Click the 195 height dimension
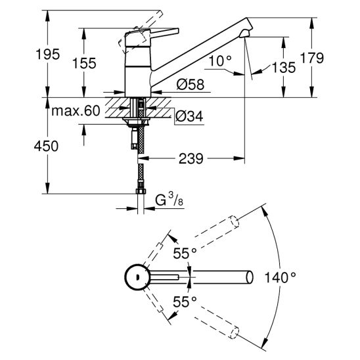(x=48, y=55)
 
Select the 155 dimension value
(x=84, y=63)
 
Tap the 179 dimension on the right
(x=312, y=58)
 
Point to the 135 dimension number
(x=284, y=68)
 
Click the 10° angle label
(x=221, y=61)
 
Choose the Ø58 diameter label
(x=191, y=84)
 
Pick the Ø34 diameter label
(x=189, y=116)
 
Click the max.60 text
(x=76, y=110)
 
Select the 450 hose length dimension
(x=46, y=146)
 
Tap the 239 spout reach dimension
(x=191, y=158)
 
